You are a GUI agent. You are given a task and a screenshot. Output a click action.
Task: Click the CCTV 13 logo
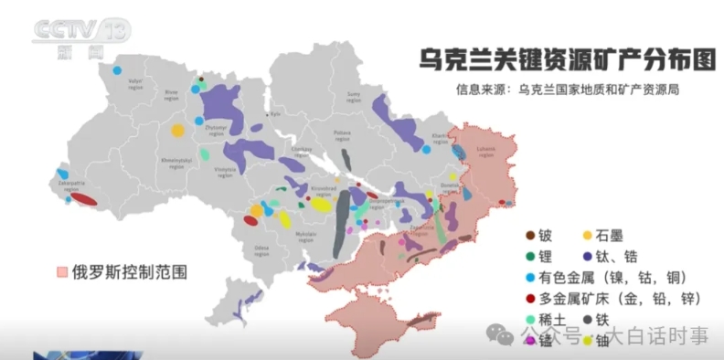tap(82, 35)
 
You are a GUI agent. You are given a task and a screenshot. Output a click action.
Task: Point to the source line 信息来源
tap(569, 90)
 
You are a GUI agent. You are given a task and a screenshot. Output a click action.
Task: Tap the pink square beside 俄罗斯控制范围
tap(62, 271)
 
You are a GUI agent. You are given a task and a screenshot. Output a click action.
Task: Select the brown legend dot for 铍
tap(529, 236)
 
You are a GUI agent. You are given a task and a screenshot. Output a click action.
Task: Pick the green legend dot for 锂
tap(529, 256)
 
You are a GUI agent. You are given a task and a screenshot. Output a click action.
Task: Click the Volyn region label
tap(135, 83)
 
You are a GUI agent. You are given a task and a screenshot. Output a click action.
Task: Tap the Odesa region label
tap(262, 249)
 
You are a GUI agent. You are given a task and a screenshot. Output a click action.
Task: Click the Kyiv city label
tap(275, 114)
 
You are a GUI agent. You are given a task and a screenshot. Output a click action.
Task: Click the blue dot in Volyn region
tap(117, 69)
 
